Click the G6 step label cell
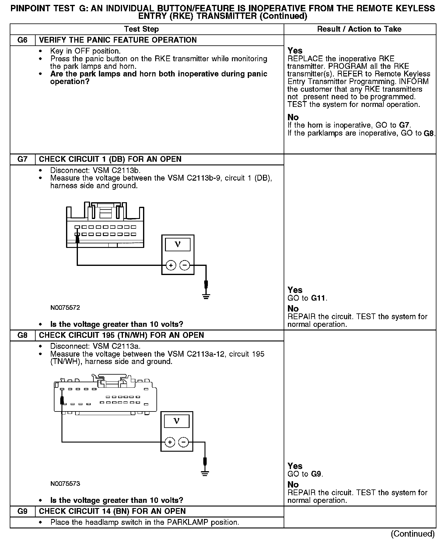[x=23, y=40]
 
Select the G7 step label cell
[x=23, y=159]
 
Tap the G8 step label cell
[x=23, y=335]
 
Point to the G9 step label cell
[x=23, y=511]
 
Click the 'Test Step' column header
[x=142, y=29]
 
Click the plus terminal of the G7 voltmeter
[x=171, y=265]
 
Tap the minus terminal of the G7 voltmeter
[x=184, y=265]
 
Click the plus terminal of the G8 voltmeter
[x=170, y=442]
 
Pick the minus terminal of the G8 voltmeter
[x=183, y=442]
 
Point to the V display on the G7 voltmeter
[x=178, y=245]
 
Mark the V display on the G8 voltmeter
[x=177, y=421]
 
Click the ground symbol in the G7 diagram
[x=206, y=296]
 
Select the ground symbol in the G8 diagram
[x=205, y=473]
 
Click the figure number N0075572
[x=65, y=308]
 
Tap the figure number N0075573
[x=65, y=484]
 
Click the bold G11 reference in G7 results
[x=319, y=298]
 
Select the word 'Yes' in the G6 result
[x=295, y=51]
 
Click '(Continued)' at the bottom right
[x=413, y=534]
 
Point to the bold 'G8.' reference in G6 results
[x=429, y=133]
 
